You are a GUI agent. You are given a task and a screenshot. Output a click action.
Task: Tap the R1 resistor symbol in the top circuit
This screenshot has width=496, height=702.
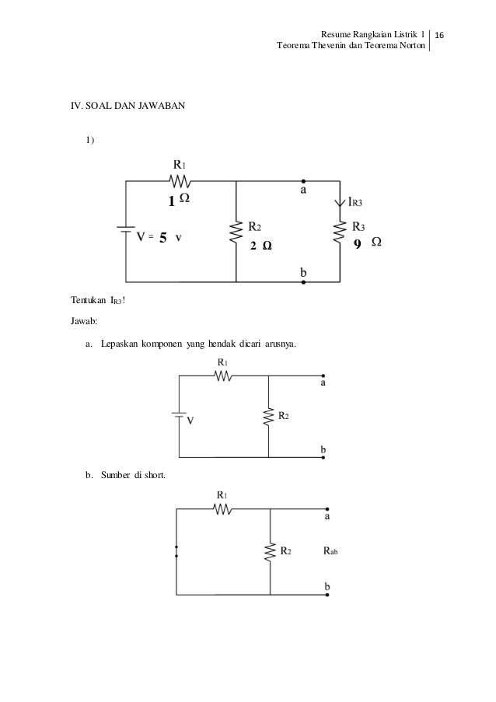pos(179,181)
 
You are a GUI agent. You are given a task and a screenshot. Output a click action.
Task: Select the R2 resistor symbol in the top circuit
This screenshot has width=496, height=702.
pos(236,231)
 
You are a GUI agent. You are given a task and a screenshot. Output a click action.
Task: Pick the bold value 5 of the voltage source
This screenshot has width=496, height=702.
pos(162,238)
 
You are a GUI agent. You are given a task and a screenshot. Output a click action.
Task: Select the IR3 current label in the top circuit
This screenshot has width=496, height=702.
pos(356,201)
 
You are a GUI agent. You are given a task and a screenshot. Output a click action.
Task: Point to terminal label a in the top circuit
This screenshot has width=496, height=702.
pos(304,189)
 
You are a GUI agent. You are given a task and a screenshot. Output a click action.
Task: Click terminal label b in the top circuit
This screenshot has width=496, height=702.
pos(304,273)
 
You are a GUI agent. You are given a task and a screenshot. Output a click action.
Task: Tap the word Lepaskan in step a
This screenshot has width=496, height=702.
pos(118,344)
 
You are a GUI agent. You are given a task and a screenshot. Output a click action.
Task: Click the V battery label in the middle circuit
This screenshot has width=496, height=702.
pos(190,419)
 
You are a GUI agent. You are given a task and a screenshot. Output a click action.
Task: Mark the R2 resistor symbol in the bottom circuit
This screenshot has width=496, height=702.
pos(270,552)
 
